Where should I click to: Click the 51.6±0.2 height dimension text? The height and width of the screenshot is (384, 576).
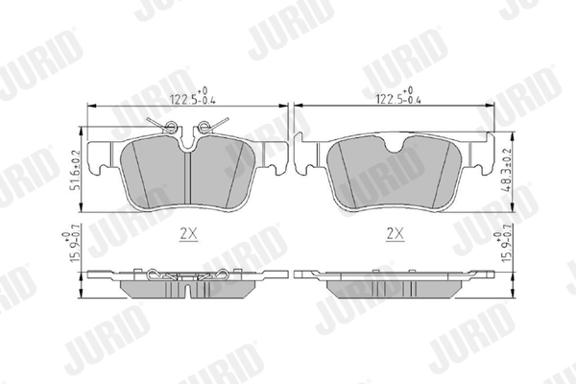tap(76, 170)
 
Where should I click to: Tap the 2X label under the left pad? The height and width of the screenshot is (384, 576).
tap(188, 233)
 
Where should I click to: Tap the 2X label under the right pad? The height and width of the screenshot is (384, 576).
tap(395, 233)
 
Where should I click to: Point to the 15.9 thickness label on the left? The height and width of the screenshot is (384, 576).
tap(71, 247)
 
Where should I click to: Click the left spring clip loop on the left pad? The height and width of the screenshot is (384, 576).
tap(170, 127)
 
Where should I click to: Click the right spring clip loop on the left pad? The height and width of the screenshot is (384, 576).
tap(204, 127)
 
